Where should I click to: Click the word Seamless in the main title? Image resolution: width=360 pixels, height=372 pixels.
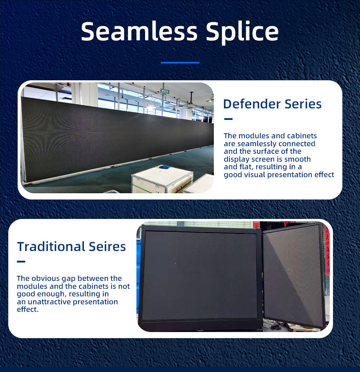139,31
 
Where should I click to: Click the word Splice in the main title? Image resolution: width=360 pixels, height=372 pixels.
242,33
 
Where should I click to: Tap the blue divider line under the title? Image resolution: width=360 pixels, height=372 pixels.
180,63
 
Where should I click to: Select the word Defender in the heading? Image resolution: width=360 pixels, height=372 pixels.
252,104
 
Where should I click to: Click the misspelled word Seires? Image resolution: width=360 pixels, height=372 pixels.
107,246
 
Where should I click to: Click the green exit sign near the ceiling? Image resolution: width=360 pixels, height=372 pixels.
165,91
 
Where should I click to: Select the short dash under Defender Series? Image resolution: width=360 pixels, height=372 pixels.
228,119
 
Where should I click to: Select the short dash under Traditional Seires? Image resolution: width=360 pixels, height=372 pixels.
21,261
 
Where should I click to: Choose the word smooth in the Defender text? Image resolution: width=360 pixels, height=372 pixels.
297,159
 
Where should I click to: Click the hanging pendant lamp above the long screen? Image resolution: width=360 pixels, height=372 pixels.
151,106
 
